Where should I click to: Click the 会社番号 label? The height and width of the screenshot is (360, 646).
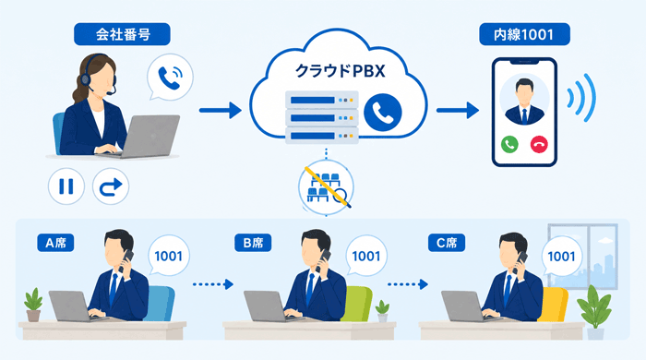[x=122, y=34]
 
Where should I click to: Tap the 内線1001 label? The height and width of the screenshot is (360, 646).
[x=524, y=34]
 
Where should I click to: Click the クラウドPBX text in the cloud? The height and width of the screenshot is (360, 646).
[x=341, y=71]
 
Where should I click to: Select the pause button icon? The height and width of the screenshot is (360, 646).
[x=66, y=186]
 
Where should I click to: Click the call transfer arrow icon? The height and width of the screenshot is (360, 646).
[x=111, y=186]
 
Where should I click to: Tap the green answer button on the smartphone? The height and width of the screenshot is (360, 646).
[x=509, y=144]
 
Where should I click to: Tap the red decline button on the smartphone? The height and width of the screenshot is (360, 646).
[x=539, y=144]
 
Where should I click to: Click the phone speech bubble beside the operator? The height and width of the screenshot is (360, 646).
[x=170, y=77]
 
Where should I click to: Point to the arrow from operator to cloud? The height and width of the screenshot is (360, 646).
[x=221, y=111]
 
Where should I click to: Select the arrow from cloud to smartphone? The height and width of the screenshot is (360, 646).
[x=458, y=111]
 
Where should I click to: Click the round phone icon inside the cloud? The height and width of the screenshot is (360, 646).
[x=383, y=113]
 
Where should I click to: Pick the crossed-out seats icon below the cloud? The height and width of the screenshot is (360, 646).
[x=326, y=187]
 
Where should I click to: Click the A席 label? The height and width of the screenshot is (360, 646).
[x=55, y=243]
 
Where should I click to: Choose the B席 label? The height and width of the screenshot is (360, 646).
[x=253, y=243]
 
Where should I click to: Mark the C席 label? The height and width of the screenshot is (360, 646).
[x=447, y=243]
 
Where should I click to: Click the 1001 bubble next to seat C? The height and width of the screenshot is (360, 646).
[x=561, y=257]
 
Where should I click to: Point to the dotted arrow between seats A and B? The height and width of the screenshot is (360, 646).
[x=213, y=284]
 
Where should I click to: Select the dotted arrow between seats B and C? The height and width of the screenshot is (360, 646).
[x=408, y=284]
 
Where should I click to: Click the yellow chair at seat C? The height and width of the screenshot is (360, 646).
[x=554, y=304]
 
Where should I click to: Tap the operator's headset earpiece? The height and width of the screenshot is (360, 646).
[x=86, y=78]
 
